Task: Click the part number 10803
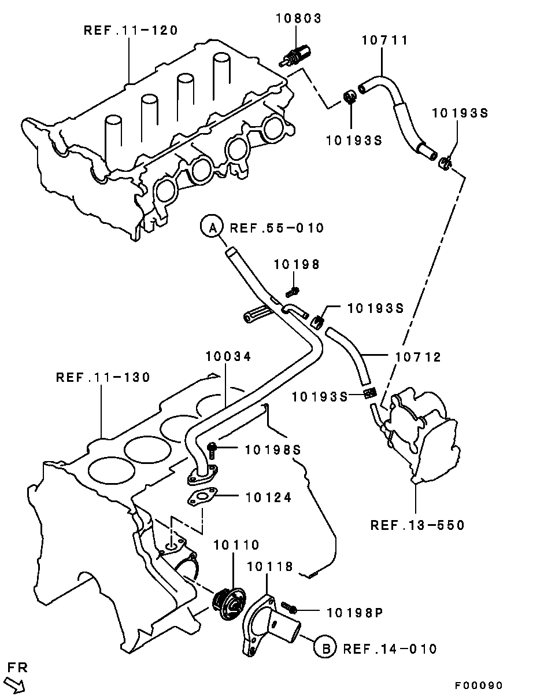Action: (x=298, y=18)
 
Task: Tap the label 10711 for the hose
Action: (x=384, y=40)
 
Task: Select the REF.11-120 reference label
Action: (x=131, y=30)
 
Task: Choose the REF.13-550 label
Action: (x=417, y=525)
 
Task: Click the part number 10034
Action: (x=228, y=356)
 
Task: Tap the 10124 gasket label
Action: (x=268, y=498)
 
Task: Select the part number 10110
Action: (x=236, y=545)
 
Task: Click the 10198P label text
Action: (x=355, y=613)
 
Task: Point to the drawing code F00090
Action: (x=479, y=686)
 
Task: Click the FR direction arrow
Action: (x=14, y=684)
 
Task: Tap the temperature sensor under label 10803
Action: (x=295, y=57)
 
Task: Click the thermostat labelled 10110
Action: (x=229, y=603)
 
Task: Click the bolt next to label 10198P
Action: (x=288, y=607)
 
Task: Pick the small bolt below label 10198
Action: (x=293, y=292)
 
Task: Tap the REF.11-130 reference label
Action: (x=103, y=377)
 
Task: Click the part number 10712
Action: (x=418, y=357)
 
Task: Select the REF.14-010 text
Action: (x=390, y=649)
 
